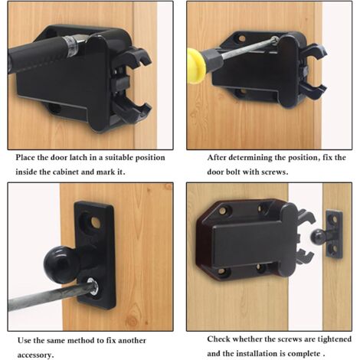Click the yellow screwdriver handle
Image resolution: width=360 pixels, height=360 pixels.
(196, 66)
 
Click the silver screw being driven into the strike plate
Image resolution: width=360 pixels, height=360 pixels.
(94, 286)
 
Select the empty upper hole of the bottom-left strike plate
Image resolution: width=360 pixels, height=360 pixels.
(96, 222)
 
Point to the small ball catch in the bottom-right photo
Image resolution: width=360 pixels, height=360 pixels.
(318, 237)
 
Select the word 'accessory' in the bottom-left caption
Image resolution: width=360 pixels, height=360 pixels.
(35, 355)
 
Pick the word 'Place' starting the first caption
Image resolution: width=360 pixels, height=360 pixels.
(25, 157)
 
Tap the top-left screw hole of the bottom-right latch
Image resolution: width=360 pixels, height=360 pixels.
(223, 211)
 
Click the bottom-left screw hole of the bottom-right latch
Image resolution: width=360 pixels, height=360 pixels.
(221, 273)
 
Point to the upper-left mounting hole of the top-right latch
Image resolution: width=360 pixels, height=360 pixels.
(241, 39)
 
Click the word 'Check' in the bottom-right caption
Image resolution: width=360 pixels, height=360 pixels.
(218, 339)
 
